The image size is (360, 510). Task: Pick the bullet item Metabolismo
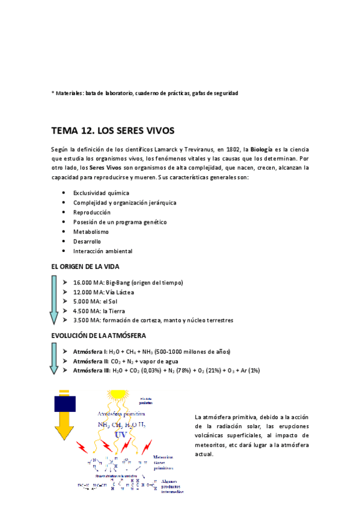[91, 232]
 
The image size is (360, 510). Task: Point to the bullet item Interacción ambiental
[102, 251]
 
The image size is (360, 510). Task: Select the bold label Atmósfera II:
[91, 360]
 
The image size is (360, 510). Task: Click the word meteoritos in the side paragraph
[215, 444]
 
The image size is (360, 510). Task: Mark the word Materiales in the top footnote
[69, 93]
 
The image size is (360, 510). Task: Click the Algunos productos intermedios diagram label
[169, 486]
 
